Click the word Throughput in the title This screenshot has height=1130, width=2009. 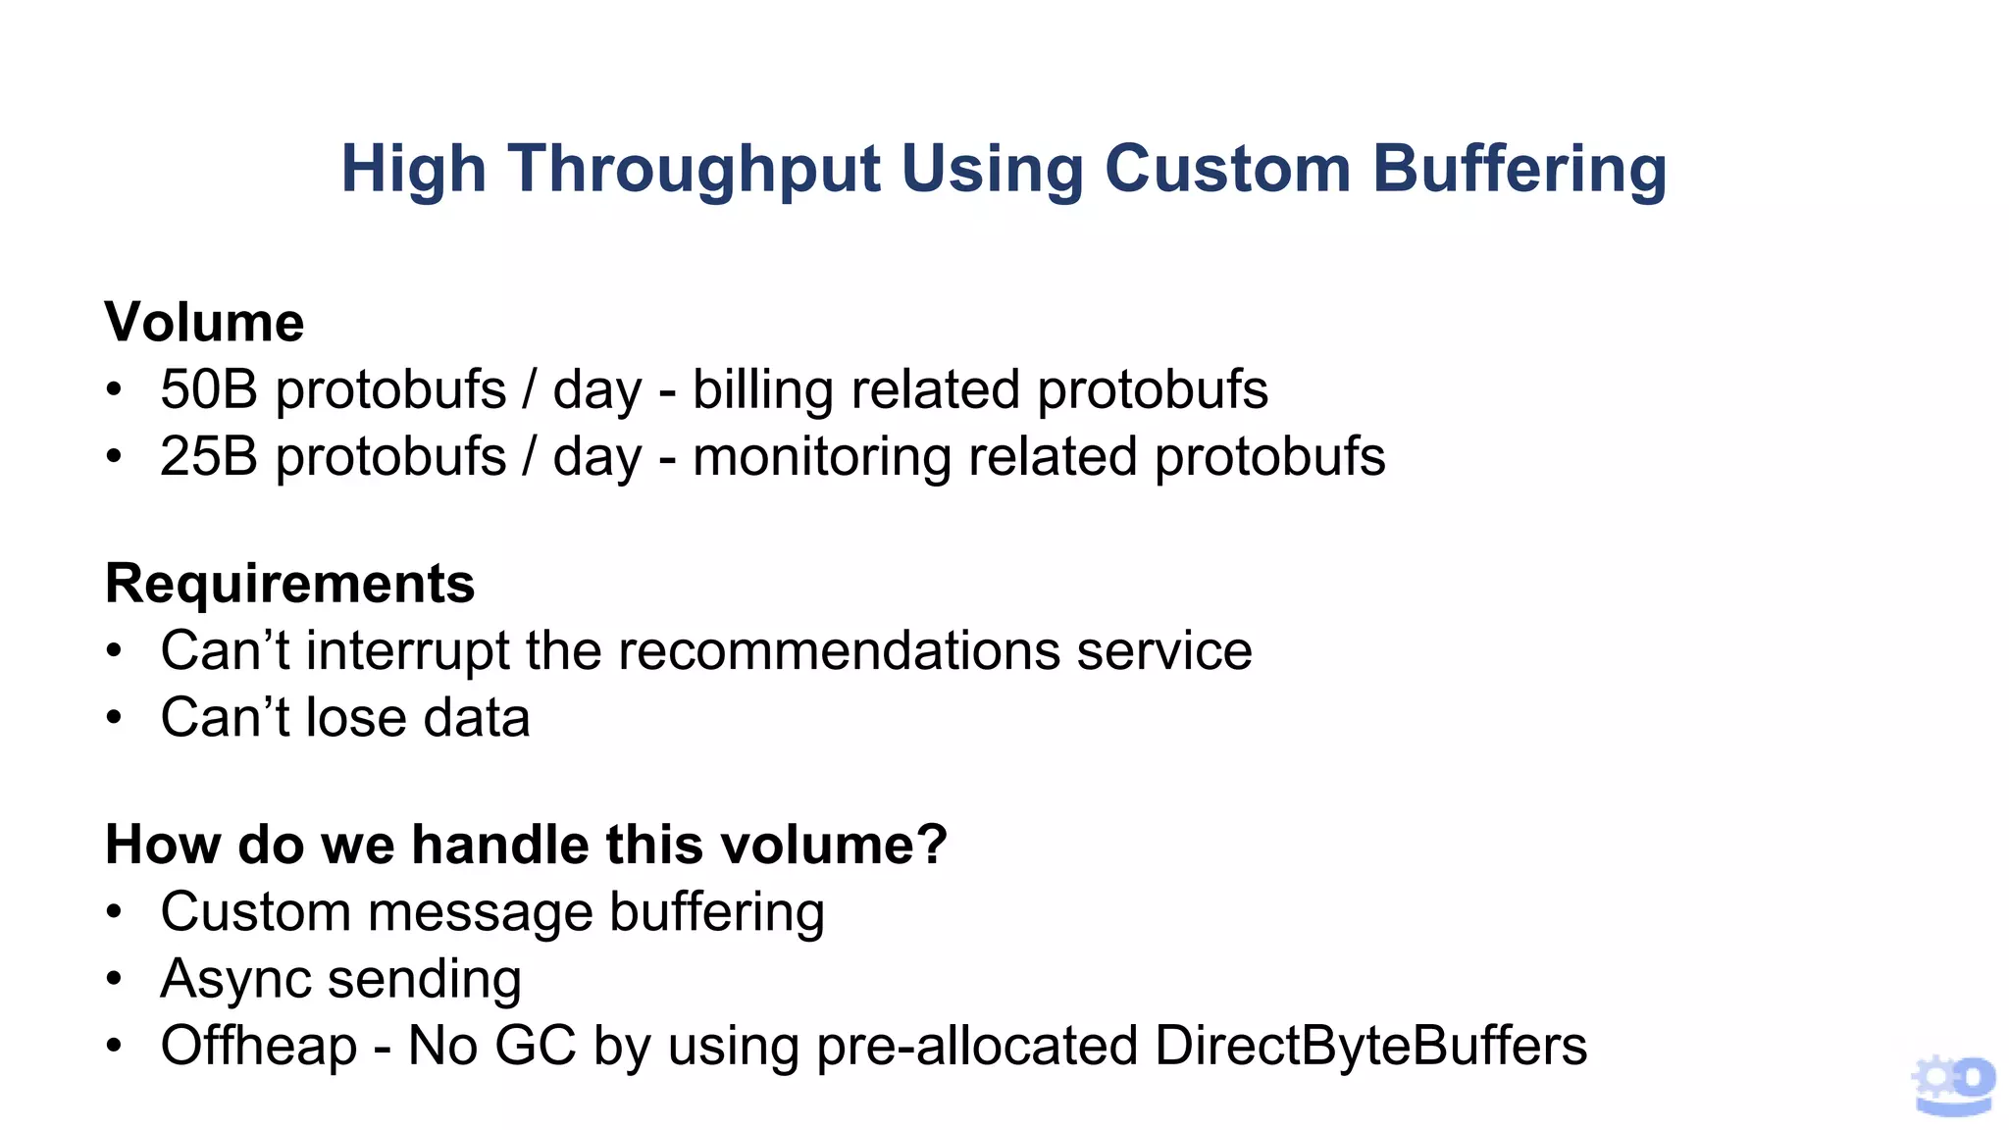point(695,170)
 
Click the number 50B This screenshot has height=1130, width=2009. point(209,389)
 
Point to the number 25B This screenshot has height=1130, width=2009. point(209,456)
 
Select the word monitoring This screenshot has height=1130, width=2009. point(821,458)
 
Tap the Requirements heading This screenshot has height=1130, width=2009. point(289,584)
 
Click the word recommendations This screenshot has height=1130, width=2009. point(839,650)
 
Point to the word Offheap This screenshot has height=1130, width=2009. point(259,1046)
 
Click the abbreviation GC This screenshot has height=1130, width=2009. point(535,1046)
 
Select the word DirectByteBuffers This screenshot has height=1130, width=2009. point(1370,1046)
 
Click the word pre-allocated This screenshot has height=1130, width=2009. point(977,1046)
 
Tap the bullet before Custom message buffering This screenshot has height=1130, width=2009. point(115,912)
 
